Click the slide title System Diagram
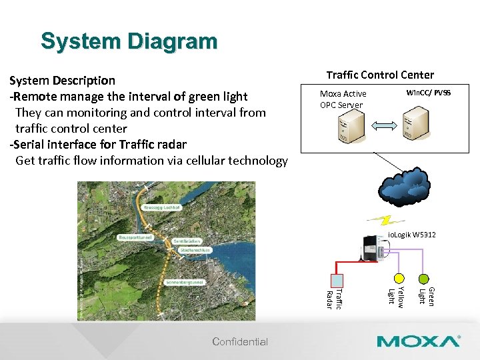pos(129,41)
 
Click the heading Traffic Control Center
pos(379,75)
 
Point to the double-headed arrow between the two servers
pos(383,126)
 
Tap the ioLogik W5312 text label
pos(411,235)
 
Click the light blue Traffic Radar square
pos(337,280)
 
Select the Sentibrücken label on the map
pos(187,240)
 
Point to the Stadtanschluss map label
pos(195,250)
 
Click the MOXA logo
pos(418,341)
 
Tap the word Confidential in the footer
pos(240,342)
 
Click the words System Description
pos(62,81)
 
